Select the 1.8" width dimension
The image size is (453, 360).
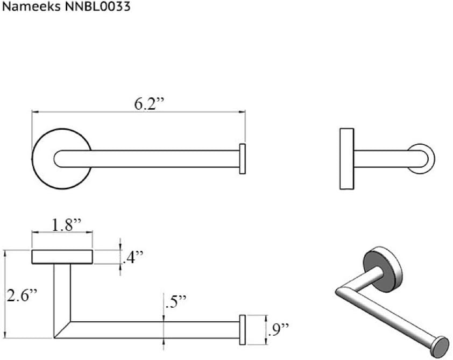[62, 225]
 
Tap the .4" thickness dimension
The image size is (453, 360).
[131, 258]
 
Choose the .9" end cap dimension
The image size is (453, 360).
[278, 327]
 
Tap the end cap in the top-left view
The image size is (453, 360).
[243, 159]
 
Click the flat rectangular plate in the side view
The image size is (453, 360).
[346, 159]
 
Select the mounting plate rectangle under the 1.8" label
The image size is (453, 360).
[62, 257]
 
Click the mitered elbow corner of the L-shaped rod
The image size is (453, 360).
[62, 329]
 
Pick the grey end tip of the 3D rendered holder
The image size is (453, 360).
[441, 344]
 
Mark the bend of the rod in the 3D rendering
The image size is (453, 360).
[340, 292]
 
